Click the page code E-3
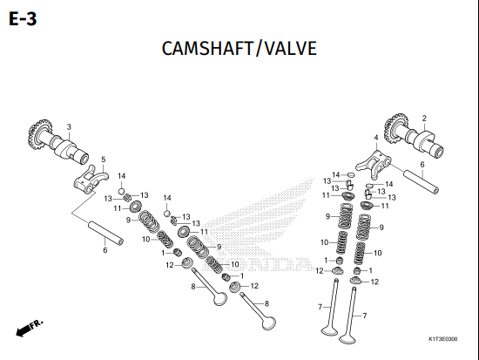23,19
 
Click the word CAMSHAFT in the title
207,48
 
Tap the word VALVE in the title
291,48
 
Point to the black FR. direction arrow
30,328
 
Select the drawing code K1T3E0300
443,339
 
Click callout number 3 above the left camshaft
69,126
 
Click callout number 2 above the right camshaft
424,118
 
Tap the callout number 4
376,138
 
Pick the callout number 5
104,160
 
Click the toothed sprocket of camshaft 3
40,133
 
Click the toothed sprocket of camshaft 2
395,128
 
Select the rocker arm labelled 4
374,164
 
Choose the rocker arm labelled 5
91,180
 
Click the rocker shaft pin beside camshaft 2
422,181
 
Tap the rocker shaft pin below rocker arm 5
105,233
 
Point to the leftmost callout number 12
170,265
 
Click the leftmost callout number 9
128,220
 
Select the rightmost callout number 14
389,184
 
